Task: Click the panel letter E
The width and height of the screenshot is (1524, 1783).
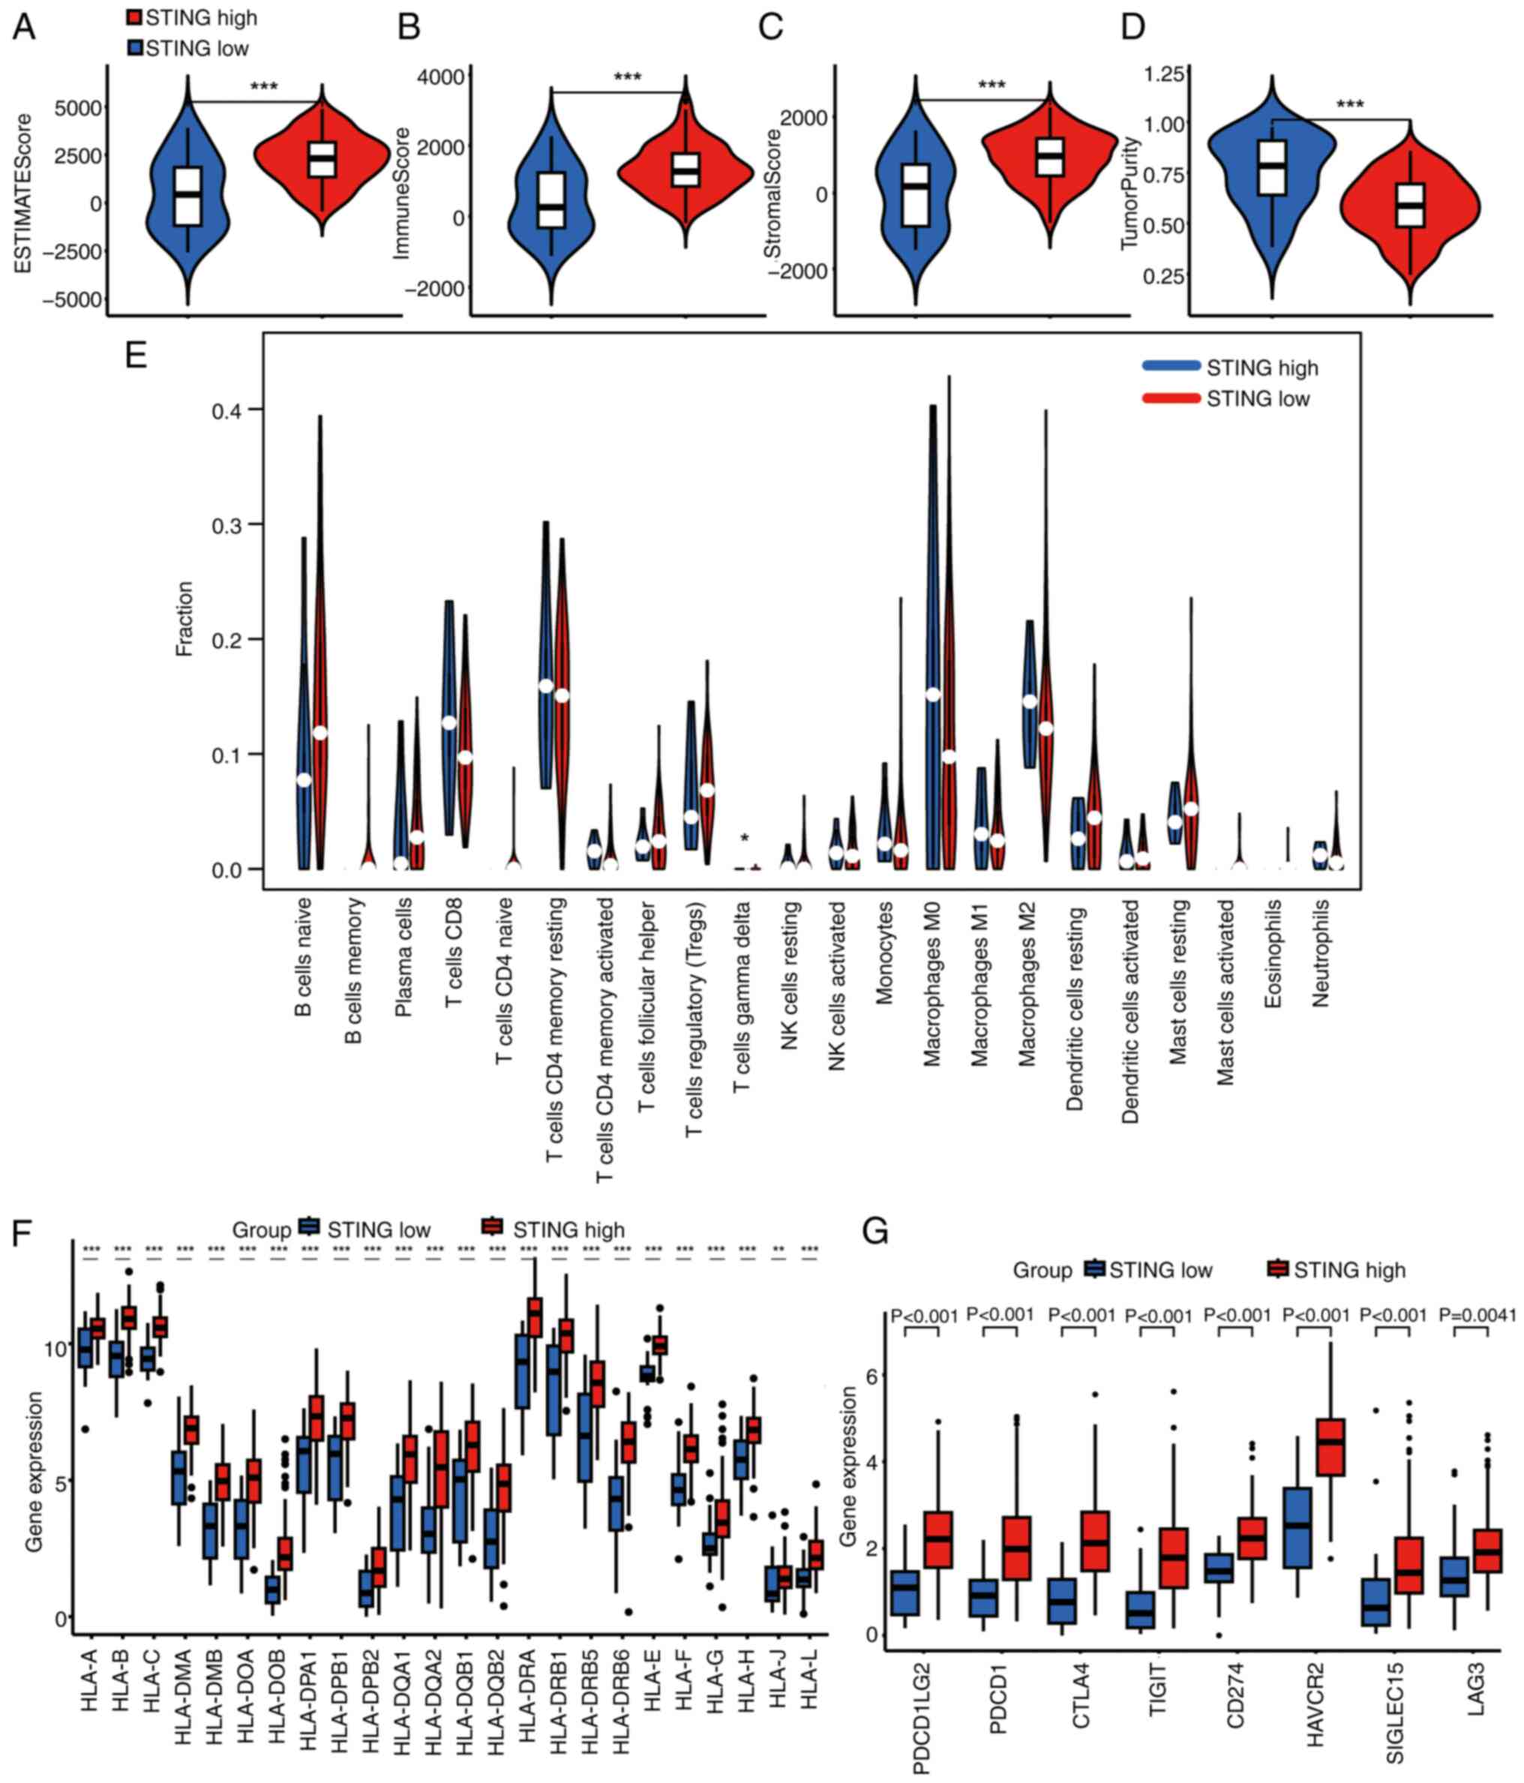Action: (x=136, y=355)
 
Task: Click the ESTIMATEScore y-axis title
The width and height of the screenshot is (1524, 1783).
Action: (x=23, y=194)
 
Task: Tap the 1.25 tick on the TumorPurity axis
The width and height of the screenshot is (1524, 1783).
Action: (x=1163, y=74)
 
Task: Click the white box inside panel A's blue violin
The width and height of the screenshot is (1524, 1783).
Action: (x=187, y=197)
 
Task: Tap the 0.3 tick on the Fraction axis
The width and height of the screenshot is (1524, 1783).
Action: (x=226, y=525)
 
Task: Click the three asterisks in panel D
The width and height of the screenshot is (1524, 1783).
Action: (x=1349, y=105)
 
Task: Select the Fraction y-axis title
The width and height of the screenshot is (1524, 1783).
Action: (x=184, y=619)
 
